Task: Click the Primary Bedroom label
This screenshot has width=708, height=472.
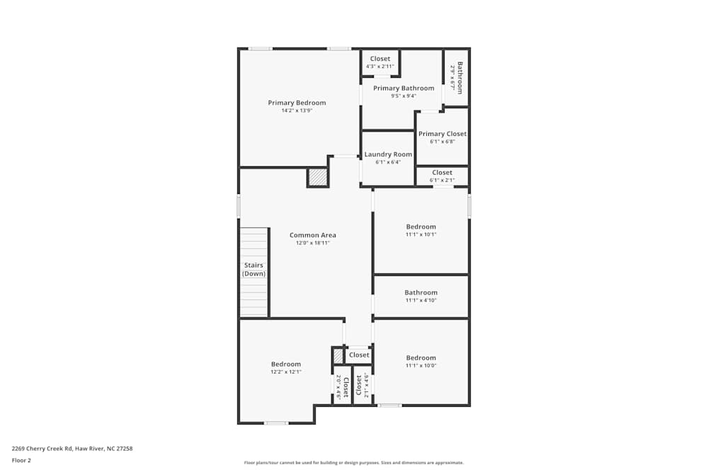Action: pos(297,103)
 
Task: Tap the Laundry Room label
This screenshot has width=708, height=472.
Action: pos(388,154)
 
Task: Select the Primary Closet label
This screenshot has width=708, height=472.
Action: pos(442,134)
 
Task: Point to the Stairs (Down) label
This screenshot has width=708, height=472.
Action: pos(253,270)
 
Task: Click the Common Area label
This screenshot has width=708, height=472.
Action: pos(312,235)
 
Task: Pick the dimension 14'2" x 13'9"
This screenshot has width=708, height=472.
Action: pos(297,110)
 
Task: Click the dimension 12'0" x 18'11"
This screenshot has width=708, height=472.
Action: pos(312,243)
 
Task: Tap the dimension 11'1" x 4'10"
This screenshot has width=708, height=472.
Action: pos(421,300)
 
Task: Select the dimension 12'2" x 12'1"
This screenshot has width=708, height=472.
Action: pos(285,372)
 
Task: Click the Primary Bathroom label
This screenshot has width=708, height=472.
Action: pos(404,88)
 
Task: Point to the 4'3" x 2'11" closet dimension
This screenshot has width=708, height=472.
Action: pos(380,67)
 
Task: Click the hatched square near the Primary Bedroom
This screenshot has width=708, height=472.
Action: pos(318,177)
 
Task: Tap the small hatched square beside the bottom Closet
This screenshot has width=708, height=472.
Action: pos(338,355)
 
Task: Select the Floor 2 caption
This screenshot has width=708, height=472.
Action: pos(21,460)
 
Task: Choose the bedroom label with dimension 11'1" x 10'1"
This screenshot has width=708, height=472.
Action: pos(421,226)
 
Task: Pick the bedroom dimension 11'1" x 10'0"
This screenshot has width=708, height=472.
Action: pos(421,365)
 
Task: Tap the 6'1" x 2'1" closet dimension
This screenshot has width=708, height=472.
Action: pos(442,180)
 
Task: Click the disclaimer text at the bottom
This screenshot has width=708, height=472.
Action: pos(354,462)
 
